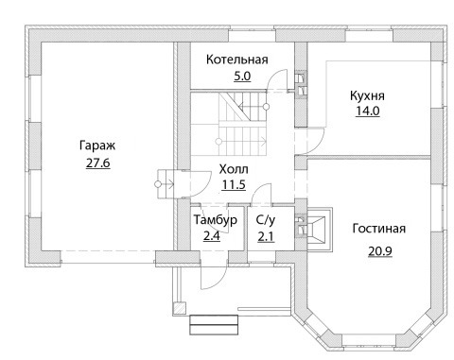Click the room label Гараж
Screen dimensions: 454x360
(x=97, y=146)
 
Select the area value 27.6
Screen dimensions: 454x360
(x=98, y=163)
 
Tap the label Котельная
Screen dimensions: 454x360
(x=237, y=60)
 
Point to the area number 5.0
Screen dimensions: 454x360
(x=242, y=76)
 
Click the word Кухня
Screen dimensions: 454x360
(x=367, y=95)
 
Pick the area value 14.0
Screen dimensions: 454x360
(x=368, y=111)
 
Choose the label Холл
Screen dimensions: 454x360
(x=234, y=169)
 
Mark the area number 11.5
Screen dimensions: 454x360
(x=234, y=184)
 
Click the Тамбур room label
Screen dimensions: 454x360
(x=216, y=220)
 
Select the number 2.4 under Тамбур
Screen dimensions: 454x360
(x=212, y=235)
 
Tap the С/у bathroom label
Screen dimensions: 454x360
(x=266, y=220)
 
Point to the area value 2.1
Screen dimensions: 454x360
(x=266, y=236)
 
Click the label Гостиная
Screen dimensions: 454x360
(x=379, y=229)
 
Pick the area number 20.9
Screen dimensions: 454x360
(x=380, y=251)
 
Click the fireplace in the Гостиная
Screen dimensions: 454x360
(x=319, y=230)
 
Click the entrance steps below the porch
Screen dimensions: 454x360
(x=214, y=325)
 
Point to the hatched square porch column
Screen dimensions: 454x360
(x=180, y=308)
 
